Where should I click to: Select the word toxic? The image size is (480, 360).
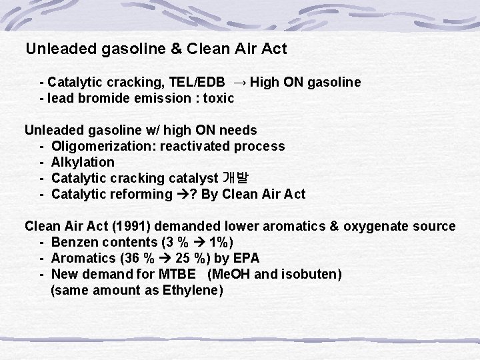(219, 99)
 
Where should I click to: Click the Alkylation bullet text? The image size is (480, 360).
(83, 162)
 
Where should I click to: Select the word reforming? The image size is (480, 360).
(143, 194)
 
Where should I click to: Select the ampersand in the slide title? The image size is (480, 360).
(177, 49)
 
